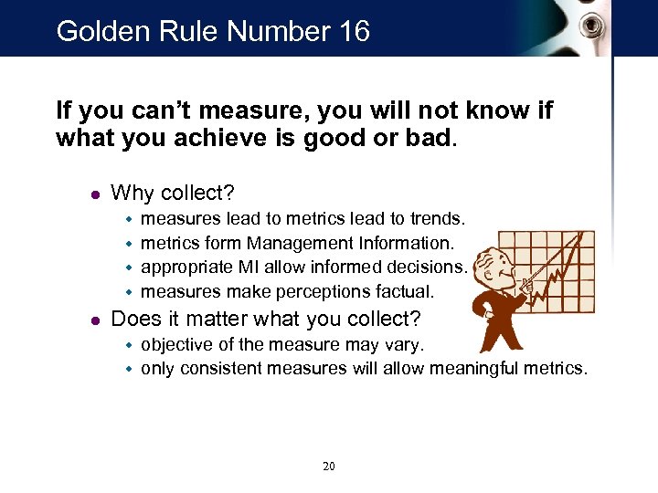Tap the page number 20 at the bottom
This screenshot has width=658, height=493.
(x=329, y=467)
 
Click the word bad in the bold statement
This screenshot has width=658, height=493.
(x=428, y=139)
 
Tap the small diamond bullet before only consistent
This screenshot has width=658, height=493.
(x=129, y=369)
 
